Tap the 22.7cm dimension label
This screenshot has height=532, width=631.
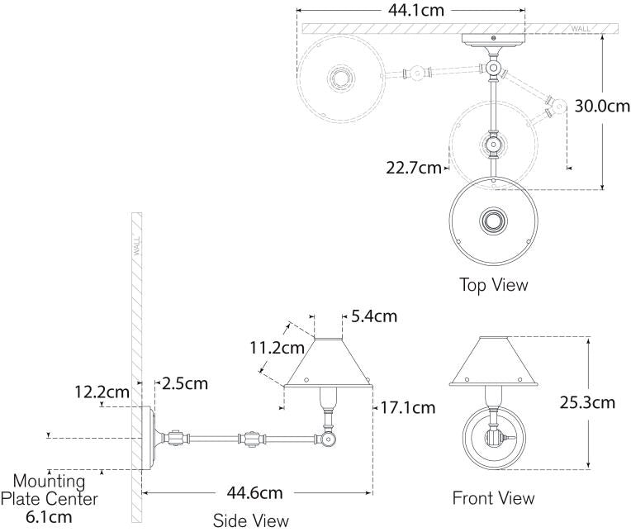pyautogui.click(x=413, y=168)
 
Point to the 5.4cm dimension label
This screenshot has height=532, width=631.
pyautogui.click(x=373, y=316)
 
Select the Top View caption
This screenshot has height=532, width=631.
pyautogui.click(x=493, y=285)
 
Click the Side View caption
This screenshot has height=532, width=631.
pyautogui.click(x=250, y=520)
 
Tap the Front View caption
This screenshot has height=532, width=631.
pyautogui.click(x=493, y=498)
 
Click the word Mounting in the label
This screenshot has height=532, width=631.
pyautogui.click(x=49, y=481)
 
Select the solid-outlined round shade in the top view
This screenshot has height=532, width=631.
pyautogui.click(x=493, y=221)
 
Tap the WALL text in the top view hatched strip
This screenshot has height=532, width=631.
pyautogui.click(x=581, y=29)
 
